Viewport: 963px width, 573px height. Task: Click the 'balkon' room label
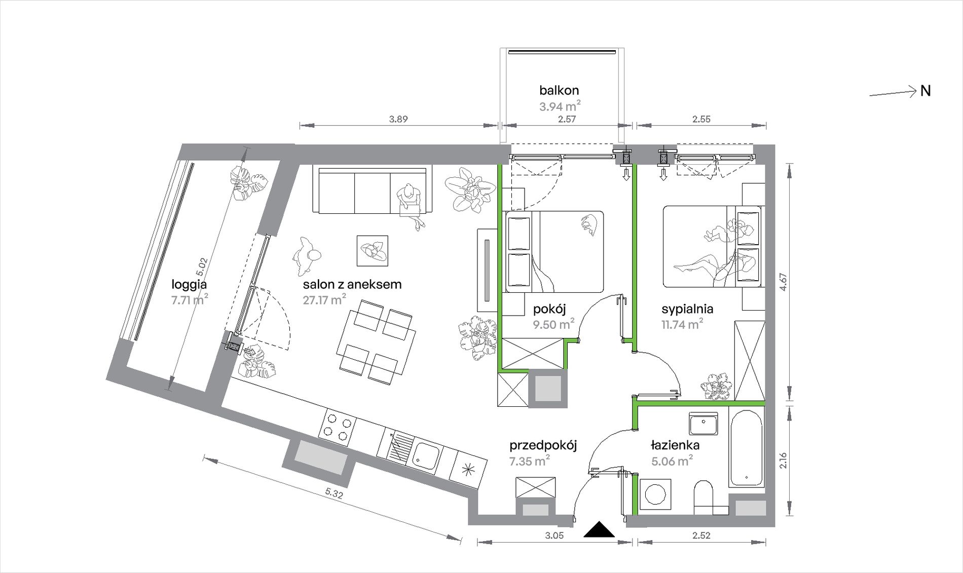[559, 91]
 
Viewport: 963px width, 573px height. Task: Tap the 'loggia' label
[189, 285]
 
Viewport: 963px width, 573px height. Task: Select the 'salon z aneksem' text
[352, 284]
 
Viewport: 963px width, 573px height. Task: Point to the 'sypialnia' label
[687, 309]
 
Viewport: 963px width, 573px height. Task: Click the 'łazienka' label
[675, 445]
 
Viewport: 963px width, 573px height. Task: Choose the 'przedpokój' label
[543, 446]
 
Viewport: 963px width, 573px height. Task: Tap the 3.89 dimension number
[398, 120]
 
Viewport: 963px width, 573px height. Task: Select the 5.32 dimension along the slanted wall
[334, 493]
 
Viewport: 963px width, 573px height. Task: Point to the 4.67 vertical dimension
[784, 282]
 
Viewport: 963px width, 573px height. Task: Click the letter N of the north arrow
[925, 91]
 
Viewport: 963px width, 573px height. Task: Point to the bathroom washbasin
[703, 424]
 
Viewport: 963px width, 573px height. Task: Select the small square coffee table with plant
[372, 251]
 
